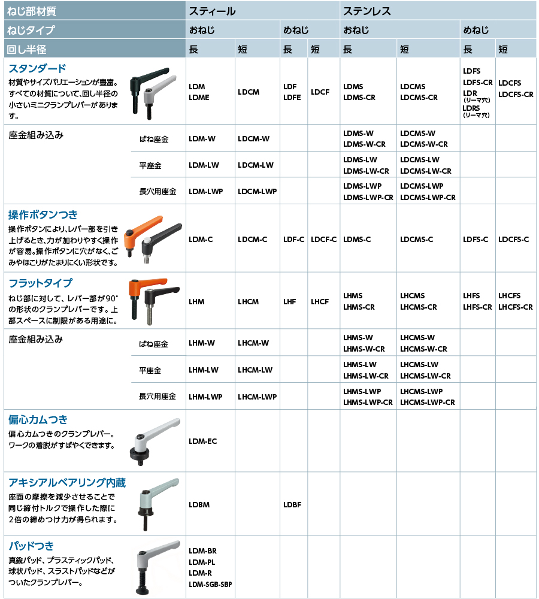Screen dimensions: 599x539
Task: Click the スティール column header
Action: pyautogui.click(x=212, y=11)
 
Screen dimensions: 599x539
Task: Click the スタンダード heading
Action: pyautogui.click(x=37, y=68)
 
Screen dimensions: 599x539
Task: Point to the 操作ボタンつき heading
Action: pyautogui.click(x=43, y=214)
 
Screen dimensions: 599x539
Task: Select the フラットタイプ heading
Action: pyautogui.click(x=40, y=283)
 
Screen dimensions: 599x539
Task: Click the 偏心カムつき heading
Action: pyautogui.click(x=38, y=419)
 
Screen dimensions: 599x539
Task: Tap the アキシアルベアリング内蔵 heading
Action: pyautogui.click(x=67, y=483)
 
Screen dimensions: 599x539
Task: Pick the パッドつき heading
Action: pyautogui.click(x=31, y=546)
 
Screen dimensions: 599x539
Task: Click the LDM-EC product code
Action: pyautogui.click(x=202, y=441)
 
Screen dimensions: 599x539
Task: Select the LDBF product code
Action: pyautogui.click(x=292, y=504)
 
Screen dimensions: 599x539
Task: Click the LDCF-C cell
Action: pyautogui.click(x=324, y=240)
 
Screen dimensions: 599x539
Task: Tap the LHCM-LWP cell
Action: pyautogui.click(x=257, y=397)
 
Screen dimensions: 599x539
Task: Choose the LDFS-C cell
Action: pyautogui.click(x=476, y=240)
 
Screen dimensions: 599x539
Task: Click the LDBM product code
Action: pyautogui.click(x=199, y=504)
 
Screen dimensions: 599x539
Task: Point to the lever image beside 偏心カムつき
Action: pyautogui.click(x=154, y=440)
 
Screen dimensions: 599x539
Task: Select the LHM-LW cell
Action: pyautogui.click(x=204, y=370)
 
